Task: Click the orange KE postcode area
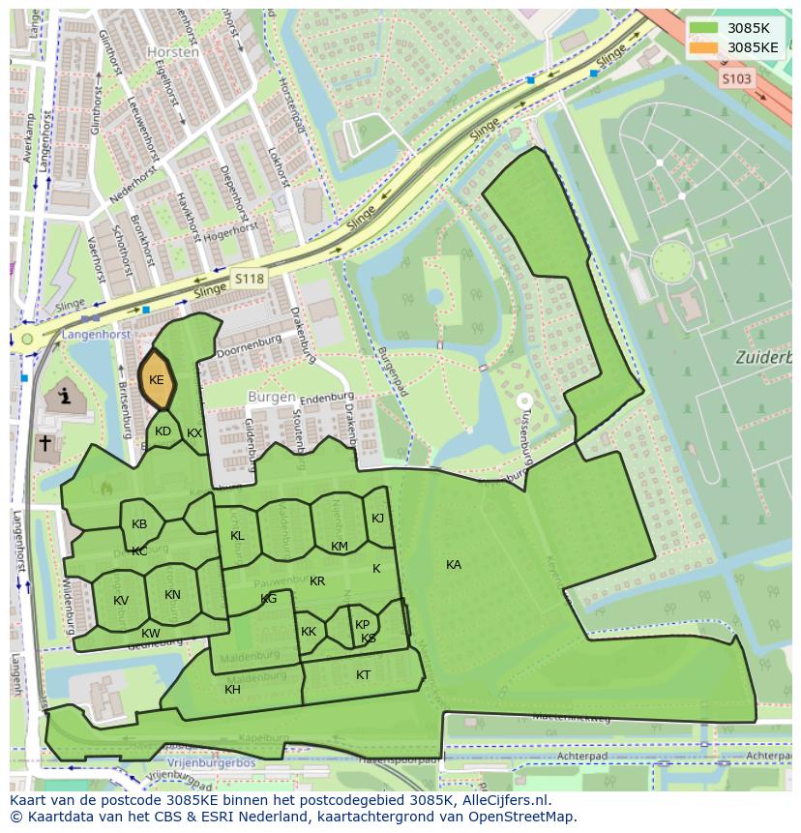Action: [x=156, y=380]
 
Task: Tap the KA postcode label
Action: [x=453, y=564]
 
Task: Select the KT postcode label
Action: [x=363, y=675]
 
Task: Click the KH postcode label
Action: [x=232, y=690]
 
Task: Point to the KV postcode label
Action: [x=120, y=601]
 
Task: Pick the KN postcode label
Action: [x=172, y=595]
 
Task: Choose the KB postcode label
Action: [x=139, y=524]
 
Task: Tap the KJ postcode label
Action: [x=377, y=519]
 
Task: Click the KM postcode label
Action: [x=339, y=547]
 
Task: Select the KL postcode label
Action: [x=237, y=536]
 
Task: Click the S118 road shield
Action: [x=248, y=278]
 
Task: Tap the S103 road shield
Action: [x=736, y=79]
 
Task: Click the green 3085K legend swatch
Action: [x=704, y=28]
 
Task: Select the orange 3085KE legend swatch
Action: [x=704, y=47]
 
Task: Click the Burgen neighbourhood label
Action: [x=271, y=397]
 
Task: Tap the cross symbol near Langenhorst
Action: [x=44, y=443]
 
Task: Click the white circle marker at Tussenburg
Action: [x=524, y=400]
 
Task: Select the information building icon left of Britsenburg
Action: [x=65, y=396]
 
